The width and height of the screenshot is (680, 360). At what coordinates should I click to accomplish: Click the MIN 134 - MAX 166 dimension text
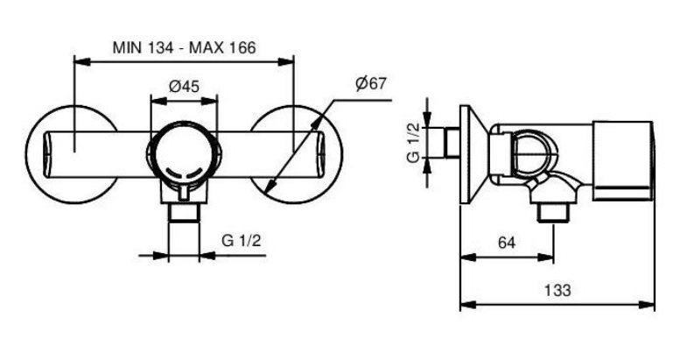pyautogui.click(x=185, y=47)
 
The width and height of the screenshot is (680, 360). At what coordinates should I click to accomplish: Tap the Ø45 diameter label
pyautogui.click(x=184, y=87)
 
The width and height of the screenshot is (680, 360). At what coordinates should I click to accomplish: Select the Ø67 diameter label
pyautogui.click(x=370, y=83)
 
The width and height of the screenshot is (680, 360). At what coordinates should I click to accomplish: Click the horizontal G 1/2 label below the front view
pyautogui.click(x=242, y=240)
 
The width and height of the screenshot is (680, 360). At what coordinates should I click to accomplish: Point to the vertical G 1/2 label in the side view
pyautogui.click(x=414, y=143)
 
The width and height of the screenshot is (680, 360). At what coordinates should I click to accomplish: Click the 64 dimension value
pyautogui.click(x=507, y=243)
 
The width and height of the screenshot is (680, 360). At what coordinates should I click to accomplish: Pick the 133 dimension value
pyautogui.click(x=557, y=290)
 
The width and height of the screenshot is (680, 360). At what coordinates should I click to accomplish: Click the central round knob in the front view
pyautogui.click(x=184, y=153)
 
